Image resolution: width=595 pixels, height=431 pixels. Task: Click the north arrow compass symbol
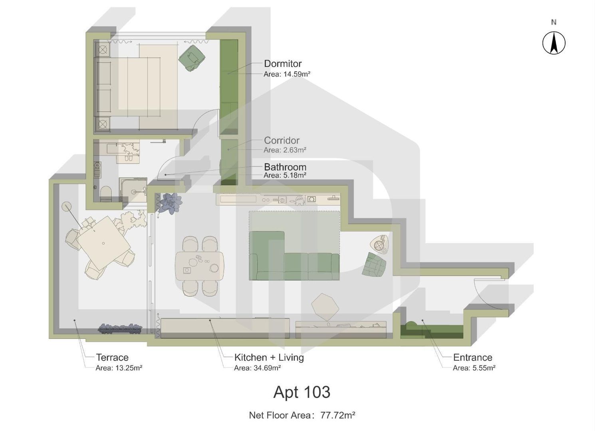pyautogui.click(x=553, y=43)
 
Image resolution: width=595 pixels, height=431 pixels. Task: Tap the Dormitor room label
pyautogui.click(x=282, y=64)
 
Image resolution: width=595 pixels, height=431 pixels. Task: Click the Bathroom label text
pyautogui.click(x=285, y=167)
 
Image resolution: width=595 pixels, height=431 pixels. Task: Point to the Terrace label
pyautogui.click(x=112, y=358)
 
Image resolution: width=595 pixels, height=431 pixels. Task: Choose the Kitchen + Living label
pyautogui.click(x=269, y=358)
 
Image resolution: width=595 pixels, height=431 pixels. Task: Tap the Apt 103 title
pyautogui.click(x=301, y=392)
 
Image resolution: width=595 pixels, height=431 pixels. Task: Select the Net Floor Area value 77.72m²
pyautogui.click(x=337, y=415)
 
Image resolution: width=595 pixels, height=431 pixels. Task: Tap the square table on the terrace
pyautogui.click(x=103, y=243)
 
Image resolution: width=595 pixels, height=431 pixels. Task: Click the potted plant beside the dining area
pyautogui.click(x=171, y=202)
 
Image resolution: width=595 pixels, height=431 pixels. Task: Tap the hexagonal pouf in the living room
pyautogui.click(x=325, y=306)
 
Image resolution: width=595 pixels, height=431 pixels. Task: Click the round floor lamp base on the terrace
pyautogui.click(x=66, y=206)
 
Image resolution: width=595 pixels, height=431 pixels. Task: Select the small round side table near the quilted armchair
pyautogui.click(x=379, y=244)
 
